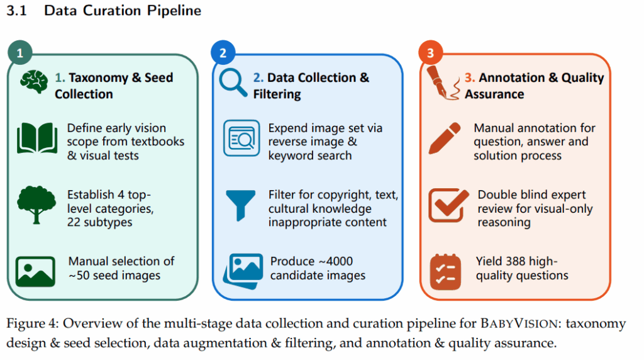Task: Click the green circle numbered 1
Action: click(x=20, y=54)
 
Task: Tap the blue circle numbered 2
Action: click(x=223, y=54)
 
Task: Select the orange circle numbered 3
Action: click(x=430, y=54)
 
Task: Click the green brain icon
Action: click(x=34, y=81)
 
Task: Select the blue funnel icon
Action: click(x=241, y=205)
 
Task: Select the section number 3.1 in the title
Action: click(x=18, y=11)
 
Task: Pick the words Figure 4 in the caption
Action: click(x=29, y=324)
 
